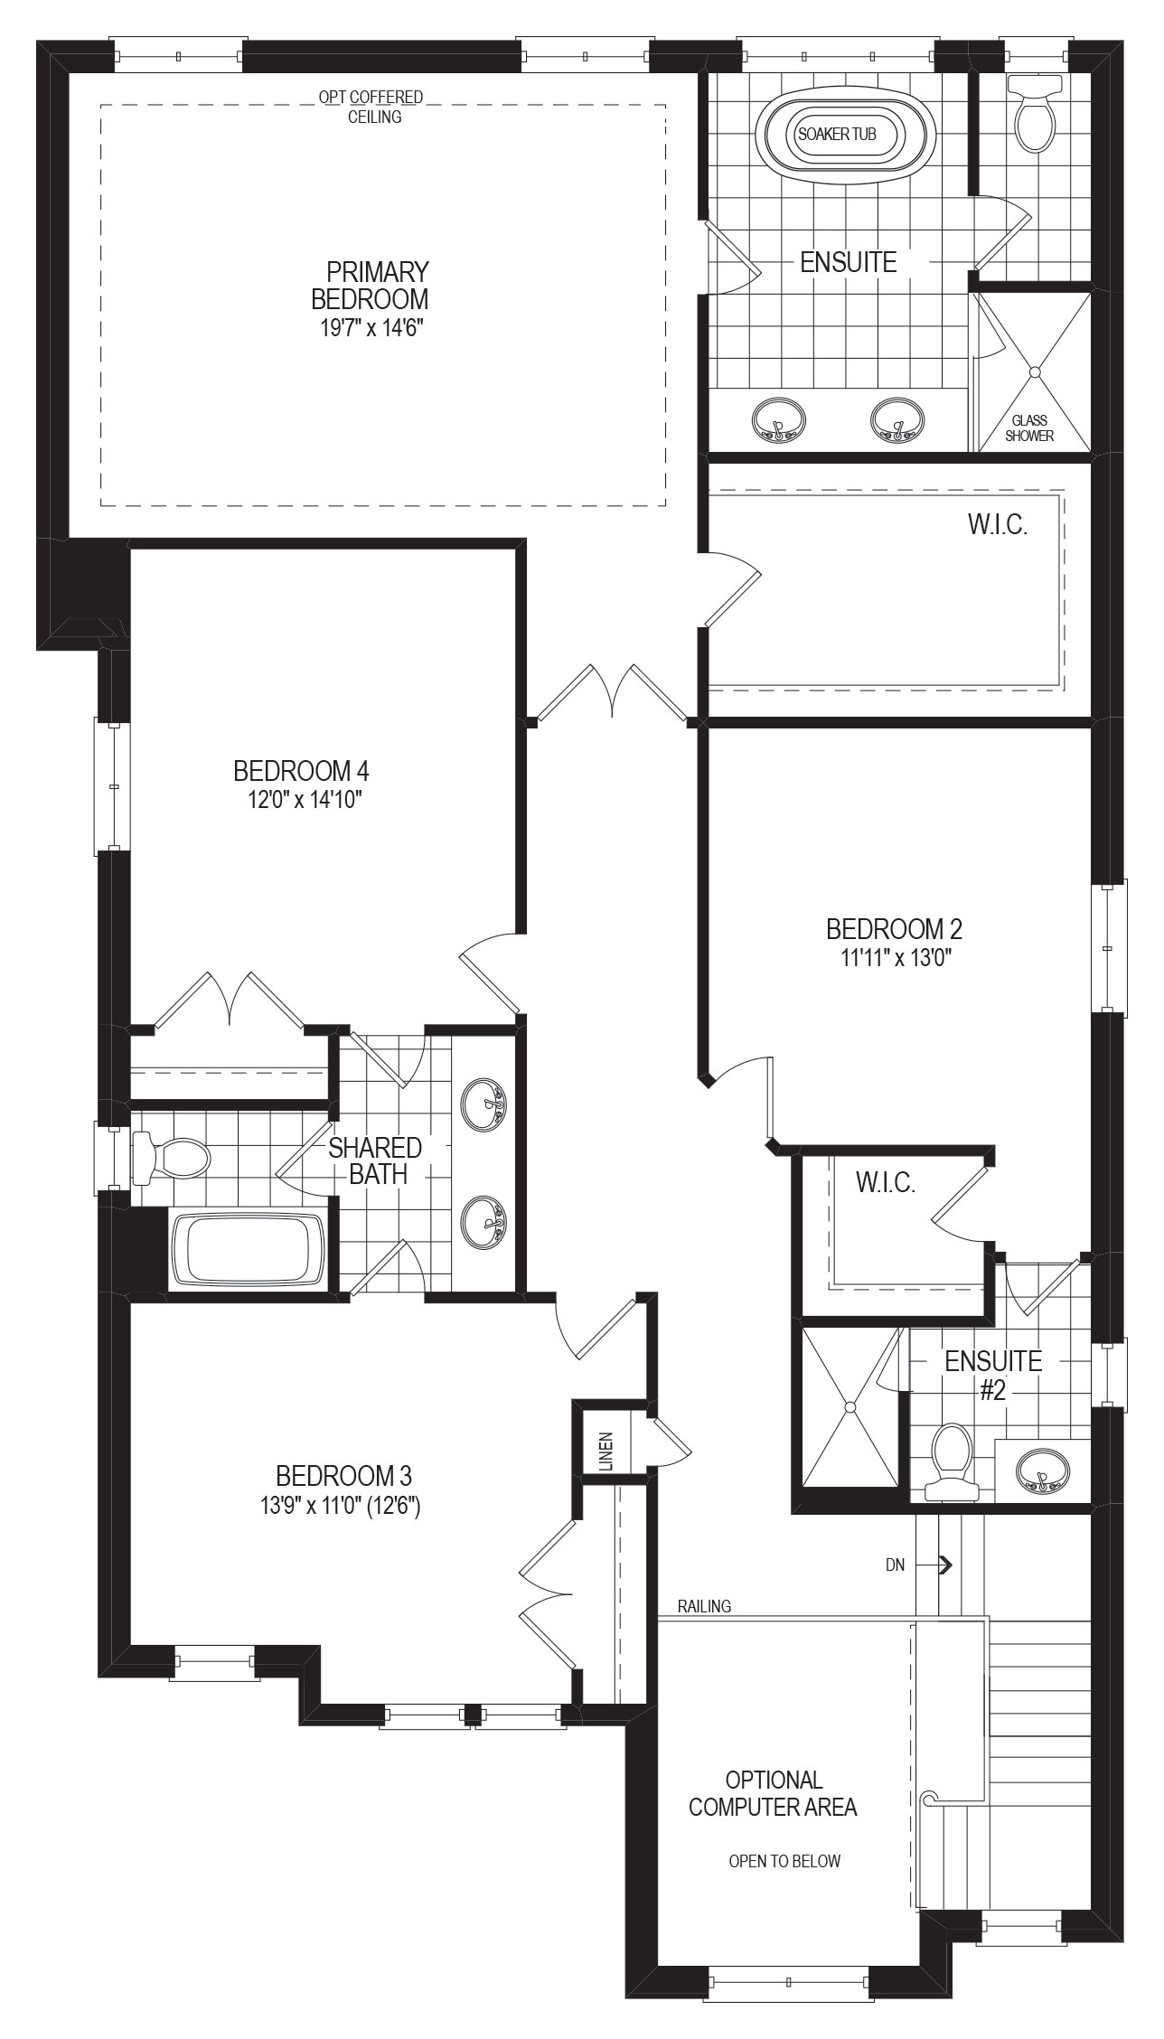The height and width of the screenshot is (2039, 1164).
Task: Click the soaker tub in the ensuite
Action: [x=836, y=135]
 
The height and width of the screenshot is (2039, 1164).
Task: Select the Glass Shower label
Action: [x=1029, y=428]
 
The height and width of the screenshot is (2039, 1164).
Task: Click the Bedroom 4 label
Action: [x=301, y=771]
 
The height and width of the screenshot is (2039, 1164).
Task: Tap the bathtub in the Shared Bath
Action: [x=248, y=1250]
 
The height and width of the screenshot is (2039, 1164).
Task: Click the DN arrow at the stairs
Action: [x=945, y=1564]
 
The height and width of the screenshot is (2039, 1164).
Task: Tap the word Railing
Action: [x=705, y=1606]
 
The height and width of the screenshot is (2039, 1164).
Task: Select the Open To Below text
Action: [x=784, y=1861]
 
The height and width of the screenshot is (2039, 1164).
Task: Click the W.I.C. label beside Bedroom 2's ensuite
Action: [x=886, y=1182]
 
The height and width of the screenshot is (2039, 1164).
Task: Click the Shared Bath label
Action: [x=375, y=1160]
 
